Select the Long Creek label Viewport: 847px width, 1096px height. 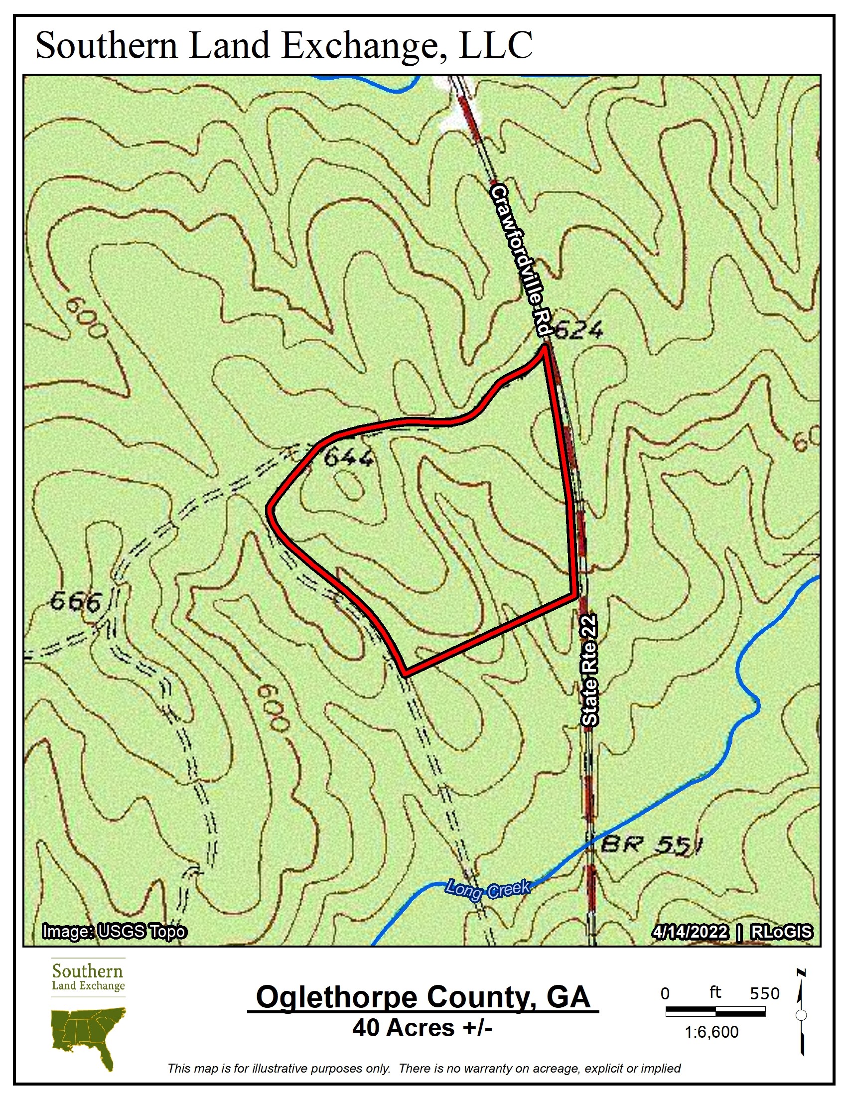pos(487,890)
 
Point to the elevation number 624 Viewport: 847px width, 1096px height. pos(578,331)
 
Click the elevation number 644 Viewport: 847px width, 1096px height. pos(349,458)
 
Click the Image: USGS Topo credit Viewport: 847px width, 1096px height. pos(115,932)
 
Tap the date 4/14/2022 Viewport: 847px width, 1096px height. pos(690,932)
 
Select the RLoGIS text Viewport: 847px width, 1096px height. pos(781,932)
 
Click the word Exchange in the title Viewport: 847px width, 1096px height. pos(365,46)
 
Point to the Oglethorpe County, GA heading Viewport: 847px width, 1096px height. pos(423,997)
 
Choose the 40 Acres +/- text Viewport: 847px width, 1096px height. pos(423,1028)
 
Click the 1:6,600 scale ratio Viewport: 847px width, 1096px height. pos(711,1032)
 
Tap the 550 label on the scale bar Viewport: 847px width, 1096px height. pos(764,994)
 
